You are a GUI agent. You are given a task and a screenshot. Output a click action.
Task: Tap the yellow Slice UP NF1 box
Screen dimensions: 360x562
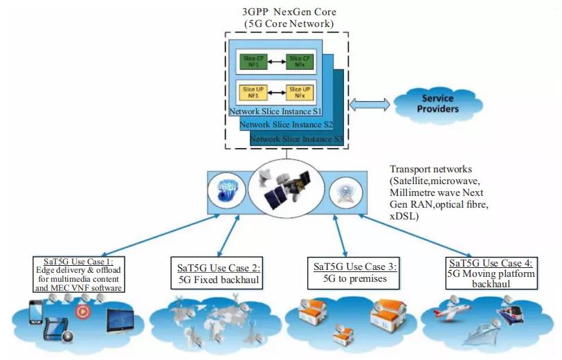pos(250,91)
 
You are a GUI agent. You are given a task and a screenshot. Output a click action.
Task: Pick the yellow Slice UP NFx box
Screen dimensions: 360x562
pos(299,91)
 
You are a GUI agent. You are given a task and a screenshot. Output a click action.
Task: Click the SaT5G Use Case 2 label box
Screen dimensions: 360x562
pos(215,273)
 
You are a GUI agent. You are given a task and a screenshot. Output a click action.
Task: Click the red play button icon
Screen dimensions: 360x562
pos(82,310)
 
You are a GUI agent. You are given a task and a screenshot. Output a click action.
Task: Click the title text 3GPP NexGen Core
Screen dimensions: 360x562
pos(289,10)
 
